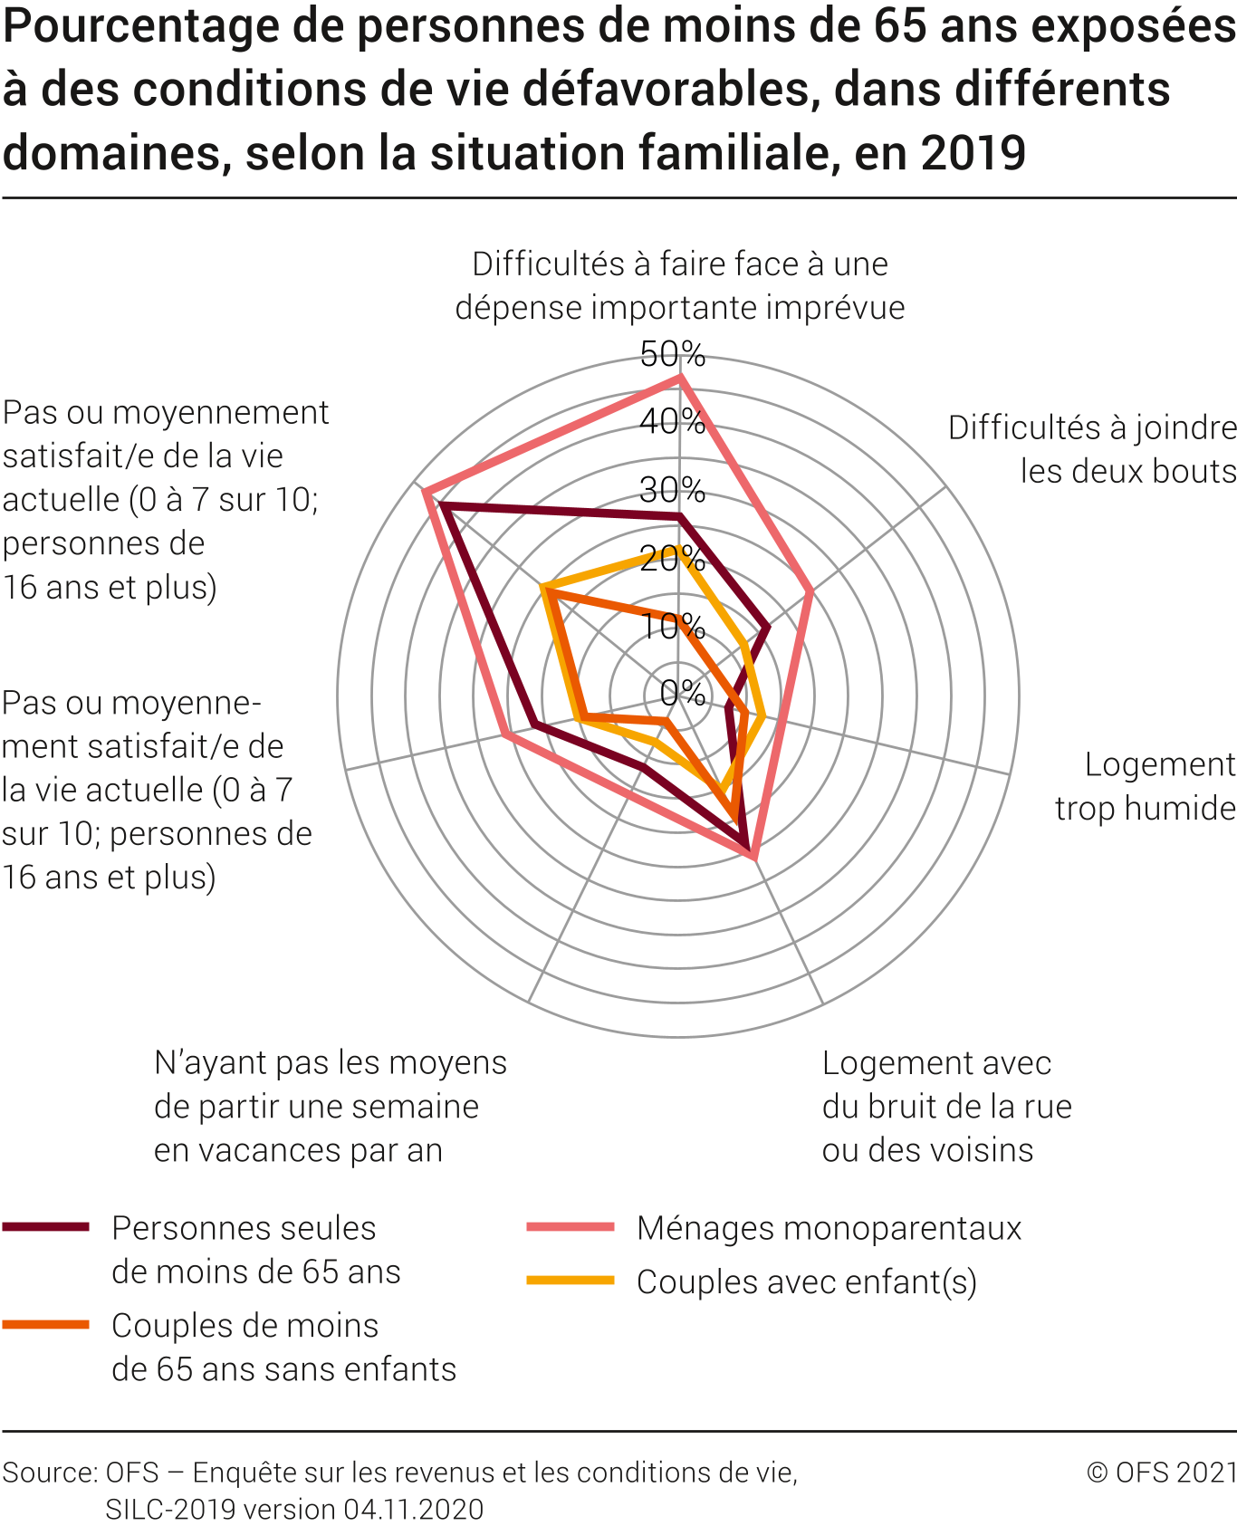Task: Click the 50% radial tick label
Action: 672,354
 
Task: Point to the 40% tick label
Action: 672,421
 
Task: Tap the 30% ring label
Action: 672,490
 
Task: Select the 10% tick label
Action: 672,626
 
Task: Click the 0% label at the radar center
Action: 682,693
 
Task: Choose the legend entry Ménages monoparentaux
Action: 829,1228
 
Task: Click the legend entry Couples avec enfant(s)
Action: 806,1281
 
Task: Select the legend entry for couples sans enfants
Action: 283,1347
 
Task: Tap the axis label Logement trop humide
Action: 1146,786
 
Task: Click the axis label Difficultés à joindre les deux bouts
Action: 1092,449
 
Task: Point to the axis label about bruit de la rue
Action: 946,1106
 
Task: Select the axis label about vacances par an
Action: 330,1106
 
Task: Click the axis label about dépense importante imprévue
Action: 679,285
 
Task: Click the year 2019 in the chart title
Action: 973,152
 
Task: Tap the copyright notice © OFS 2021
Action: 1162,1472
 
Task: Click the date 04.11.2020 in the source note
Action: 413,1509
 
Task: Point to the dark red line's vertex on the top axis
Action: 679,516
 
